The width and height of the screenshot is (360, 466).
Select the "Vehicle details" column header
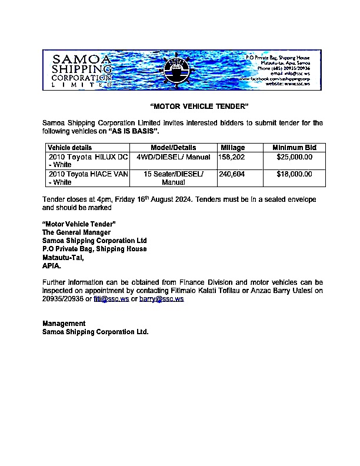[69, 148]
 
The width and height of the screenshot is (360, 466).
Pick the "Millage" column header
[233, 148]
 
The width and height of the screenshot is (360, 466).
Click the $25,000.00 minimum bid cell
[294, 157]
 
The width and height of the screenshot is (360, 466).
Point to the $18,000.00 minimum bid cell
[294, 174]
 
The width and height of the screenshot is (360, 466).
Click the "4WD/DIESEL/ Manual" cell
[173, 157]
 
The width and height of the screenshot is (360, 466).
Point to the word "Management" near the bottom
[64, 324]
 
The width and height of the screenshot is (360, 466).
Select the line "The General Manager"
[76, 232]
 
